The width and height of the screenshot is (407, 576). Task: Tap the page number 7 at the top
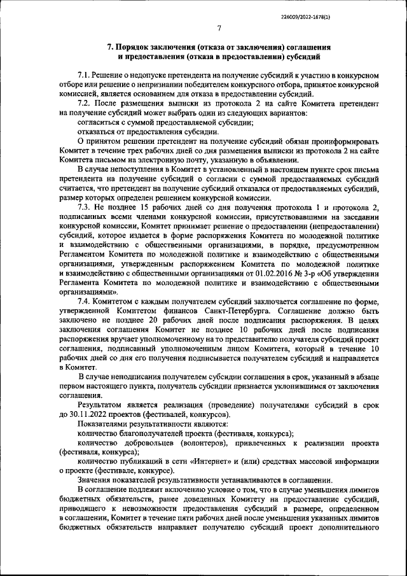point(218,29)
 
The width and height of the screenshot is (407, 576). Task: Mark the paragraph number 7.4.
point(85,301)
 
